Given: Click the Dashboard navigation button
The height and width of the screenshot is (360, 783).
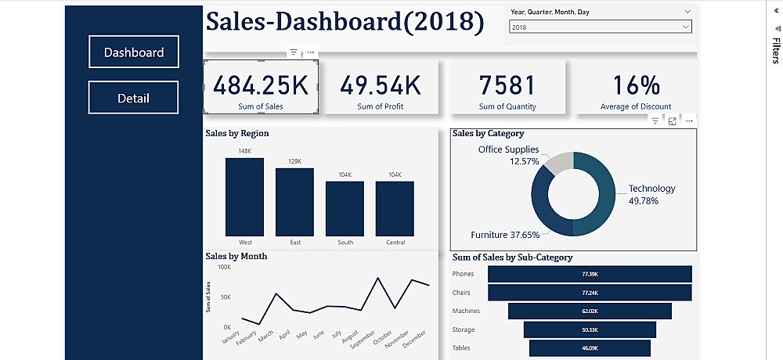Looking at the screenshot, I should (x=133, y=52).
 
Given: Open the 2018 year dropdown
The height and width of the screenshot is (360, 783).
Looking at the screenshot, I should (x=600, y=27).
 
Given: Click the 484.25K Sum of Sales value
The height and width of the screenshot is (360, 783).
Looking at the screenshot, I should (x=261, y=85).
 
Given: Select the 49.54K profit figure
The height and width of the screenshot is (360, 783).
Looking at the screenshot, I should (x=381, y=85).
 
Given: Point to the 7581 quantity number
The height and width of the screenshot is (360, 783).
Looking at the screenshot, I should (x=507, y=85).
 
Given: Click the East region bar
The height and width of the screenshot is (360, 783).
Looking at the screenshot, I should (x=294, y=201).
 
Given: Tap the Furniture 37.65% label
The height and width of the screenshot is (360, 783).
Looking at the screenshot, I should (x=505, y=235).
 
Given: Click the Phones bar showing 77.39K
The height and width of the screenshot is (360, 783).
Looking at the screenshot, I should (x=590, y=274).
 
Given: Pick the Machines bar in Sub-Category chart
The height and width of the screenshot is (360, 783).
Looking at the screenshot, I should (x=590, y=311).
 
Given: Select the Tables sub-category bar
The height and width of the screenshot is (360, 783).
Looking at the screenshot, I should (x=590, y=348).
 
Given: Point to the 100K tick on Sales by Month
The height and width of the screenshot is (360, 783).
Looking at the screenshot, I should (x=224, y=268).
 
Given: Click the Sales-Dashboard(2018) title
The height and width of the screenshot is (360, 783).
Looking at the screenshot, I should (x=345, y=22).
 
